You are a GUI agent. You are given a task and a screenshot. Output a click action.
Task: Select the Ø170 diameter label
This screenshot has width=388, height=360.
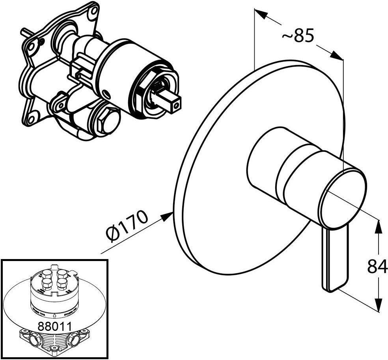point(127,228)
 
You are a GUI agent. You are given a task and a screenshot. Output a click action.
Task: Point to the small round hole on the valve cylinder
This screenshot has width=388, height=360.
point(106,94)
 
